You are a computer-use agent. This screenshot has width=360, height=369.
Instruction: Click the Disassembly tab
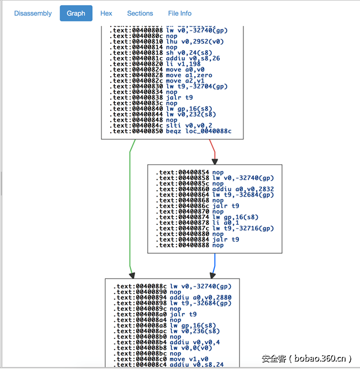(33, 13)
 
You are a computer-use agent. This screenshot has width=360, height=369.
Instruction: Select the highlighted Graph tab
(76, 13)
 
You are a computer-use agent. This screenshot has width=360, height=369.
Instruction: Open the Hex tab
(106, 13)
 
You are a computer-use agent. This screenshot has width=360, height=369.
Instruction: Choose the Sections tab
(140, 13)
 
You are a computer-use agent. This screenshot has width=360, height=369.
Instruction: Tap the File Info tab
(180, 13)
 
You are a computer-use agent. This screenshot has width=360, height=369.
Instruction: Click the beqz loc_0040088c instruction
(198, 131)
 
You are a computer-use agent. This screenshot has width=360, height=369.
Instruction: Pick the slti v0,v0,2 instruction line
(189, 125)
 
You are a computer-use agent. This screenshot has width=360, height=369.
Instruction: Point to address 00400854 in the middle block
(193, 172)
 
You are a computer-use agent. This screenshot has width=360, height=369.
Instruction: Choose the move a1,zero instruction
(189, 75)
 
